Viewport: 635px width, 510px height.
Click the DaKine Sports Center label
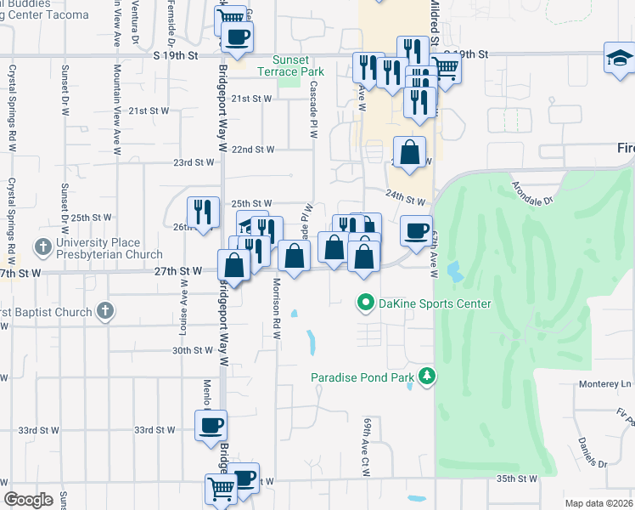coord(435,303)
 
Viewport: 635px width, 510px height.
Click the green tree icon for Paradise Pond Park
coord(428,376)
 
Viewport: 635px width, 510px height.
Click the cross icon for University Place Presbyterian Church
coord(43,248)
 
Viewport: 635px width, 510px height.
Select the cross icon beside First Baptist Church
coord(104,311)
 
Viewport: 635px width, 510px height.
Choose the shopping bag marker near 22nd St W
coord(410,154)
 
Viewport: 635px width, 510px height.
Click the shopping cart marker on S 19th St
coord(446,67)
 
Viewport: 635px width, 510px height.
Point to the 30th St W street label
coord(192,350)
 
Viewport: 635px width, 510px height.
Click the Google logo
coord(28,500)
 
